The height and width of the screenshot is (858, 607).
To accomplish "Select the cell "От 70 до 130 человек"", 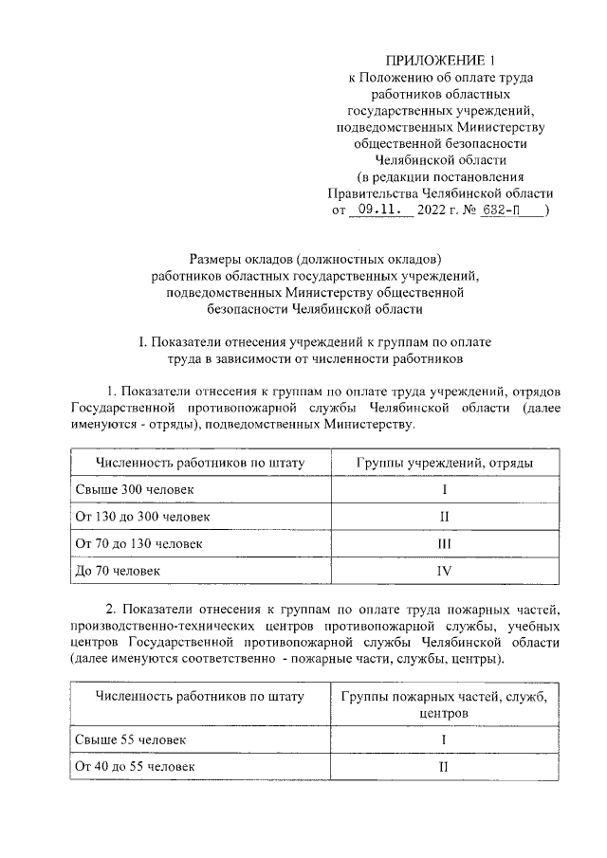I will click(138, 544).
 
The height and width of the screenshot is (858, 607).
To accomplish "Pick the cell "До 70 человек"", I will click(118, 571).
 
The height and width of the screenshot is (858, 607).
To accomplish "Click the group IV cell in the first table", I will click(443, 571).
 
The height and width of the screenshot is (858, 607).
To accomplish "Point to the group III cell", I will click(443, 544).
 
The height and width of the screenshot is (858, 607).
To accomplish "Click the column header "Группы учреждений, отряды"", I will click(443, 462).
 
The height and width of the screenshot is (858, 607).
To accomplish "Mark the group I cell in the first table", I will click(443, 489).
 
